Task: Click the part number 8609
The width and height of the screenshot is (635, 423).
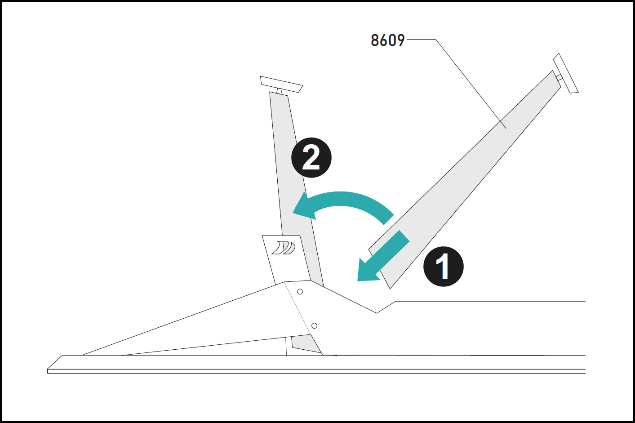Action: pyautogui.click(x=388, y=40)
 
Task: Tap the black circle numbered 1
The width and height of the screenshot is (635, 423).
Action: pyautogui.click(x=444, y=267)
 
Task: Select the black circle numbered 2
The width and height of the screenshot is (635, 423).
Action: pyautogui.click(x=311, y=158)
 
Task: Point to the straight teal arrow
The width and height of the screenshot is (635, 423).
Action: pyautogui.click(x=383, y=257)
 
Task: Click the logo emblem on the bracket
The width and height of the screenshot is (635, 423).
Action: pyautogui.click(x=284, y=248)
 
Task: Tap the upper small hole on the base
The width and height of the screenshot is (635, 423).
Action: pyautogui.click(x=300, y=291)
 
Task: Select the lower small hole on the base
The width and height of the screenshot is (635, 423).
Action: pyautogui.click(x=314, y=326)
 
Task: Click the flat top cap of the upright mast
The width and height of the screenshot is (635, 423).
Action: pyautogui.click(x=281, y=84)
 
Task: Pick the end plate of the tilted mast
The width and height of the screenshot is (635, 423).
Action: pyautogui.click(x=566, y=73)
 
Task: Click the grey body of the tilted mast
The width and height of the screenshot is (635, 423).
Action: pyautogui.click(x=465, y=180)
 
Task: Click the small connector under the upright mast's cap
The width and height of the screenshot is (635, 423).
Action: pyautogui.click(x=279, y=91)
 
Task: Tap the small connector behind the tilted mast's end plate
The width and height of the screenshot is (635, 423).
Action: pyautogui.click(x=559, y=77)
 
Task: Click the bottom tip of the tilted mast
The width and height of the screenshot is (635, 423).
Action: pyautogui.click(x=390, y=289)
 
